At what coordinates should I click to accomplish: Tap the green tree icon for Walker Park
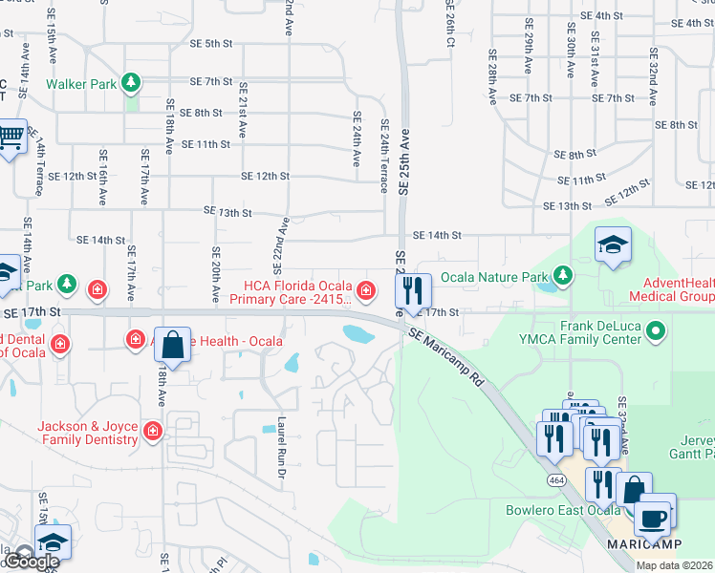click(x=132, y=83)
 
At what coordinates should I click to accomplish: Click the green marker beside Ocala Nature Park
click(x=563, y=277)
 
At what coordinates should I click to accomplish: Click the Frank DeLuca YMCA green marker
click(x=655, y=332)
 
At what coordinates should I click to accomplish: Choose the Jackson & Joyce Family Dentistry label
click(x=87, y=433)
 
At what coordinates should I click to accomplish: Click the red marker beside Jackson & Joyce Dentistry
click(x=152, y=433)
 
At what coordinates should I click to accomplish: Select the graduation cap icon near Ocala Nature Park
click(x=613, y=245)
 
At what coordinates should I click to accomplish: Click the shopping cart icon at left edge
click(x=10, y=138)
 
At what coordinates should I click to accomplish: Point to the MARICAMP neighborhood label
click(x=644, y=543)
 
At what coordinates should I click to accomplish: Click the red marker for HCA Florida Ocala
click(x=364, y=289)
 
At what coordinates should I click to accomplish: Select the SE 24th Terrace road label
click(x=384, y=156)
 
